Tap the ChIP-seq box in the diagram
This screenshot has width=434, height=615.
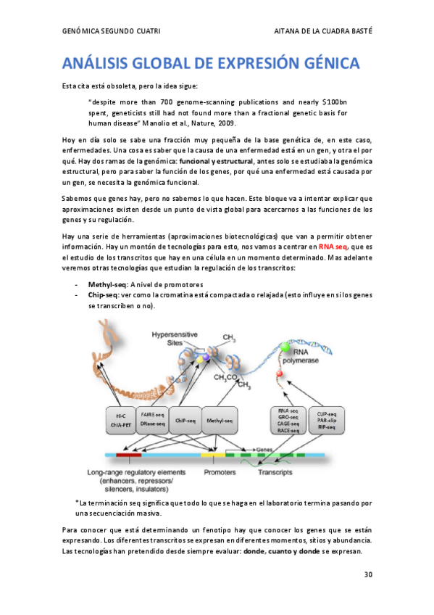click(187, 421)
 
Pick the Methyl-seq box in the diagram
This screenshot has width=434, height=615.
click(220, 421)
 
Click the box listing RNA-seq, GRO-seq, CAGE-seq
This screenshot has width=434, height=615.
click(285, 421)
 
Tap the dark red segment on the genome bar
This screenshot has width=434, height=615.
click(128, 455)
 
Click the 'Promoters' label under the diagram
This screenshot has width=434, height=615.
click(220, 472)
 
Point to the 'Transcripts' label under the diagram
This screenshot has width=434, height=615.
click(275, 472)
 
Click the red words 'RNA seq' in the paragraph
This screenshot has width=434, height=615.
click(334, 246)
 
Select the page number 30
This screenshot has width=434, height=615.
click(368, 575)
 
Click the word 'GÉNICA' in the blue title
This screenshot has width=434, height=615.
click(324, 64)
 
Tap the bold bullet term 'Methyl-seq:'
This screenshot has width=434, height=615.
click(107, 284)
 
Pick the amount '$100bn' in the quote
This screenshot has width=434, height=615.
click(334, 102)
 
